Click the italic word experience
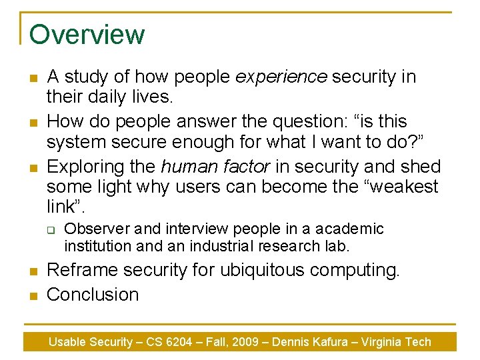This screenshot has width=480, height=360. coord(281,77)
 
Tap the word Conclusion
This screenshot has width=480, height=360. coord(93,294)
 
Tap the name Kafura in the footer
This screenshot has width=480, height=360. coord(331,342)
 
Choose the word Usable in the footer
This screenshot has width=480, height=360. coord(67,342)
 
